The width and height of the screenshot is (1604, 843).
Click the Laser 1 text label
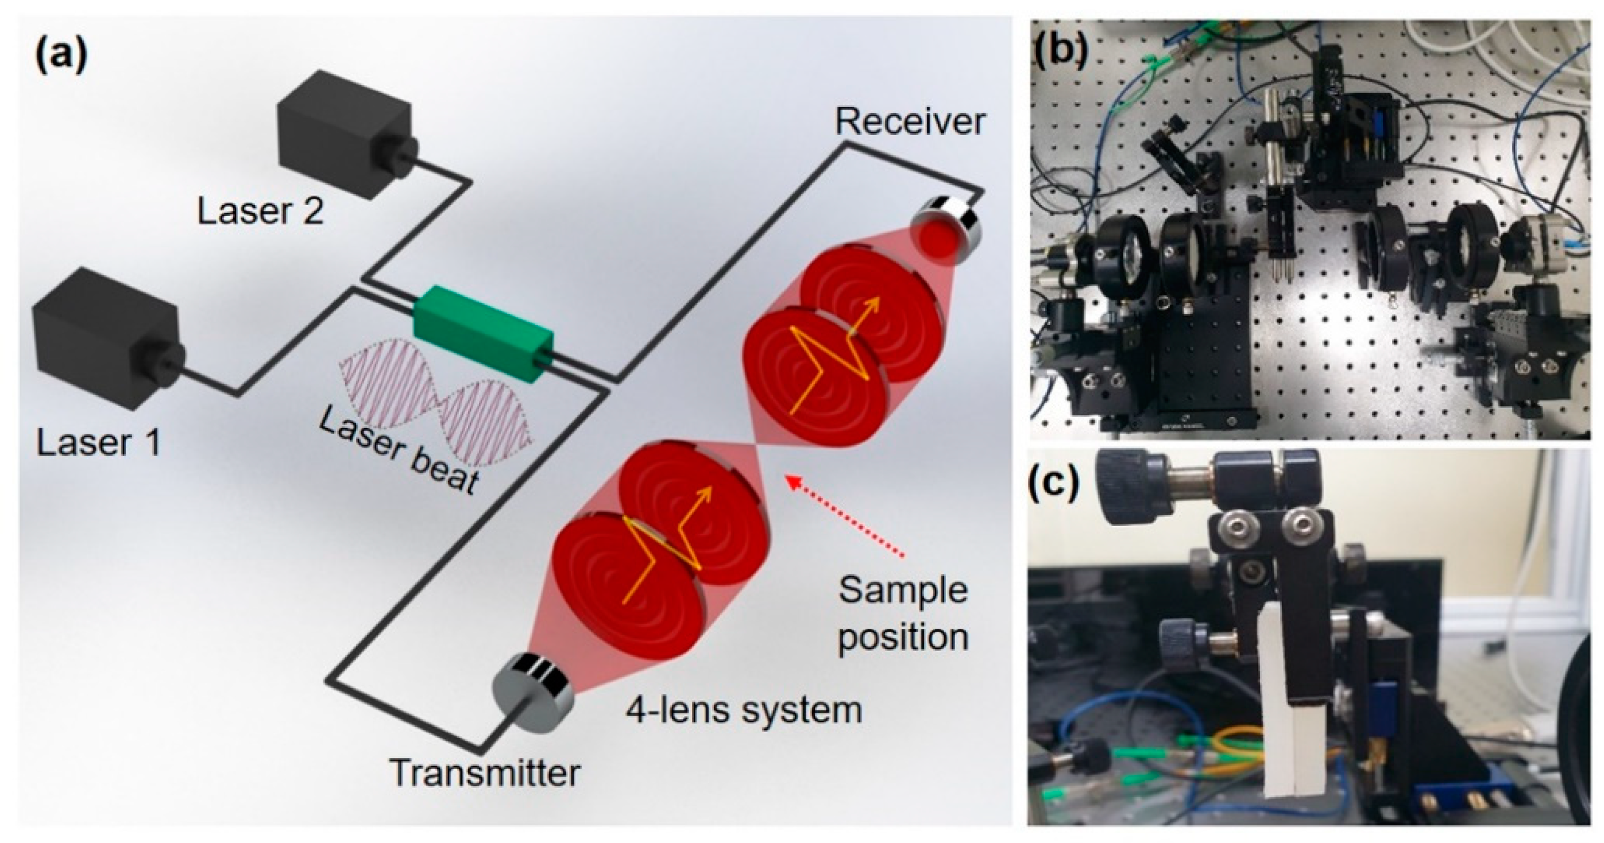pyautogui.click(x=99, y=444)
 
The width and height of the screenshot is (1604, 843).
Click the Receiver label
pyautogui.click(x=910, y=122)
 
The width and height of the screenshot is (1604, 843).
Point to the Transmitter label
pyautogui.click(x=485, y=774)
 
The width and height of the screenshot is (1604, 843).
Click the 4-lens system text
pyautogui.click(x=744, y=710)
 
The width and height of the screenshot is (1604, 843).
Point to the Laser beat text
pyautogui.click(x=399, y=451)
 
